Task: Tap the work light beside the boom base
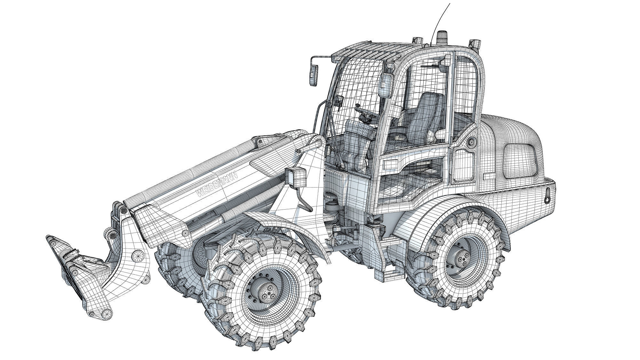(296, 177)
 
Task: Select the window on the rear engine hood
(520, 160)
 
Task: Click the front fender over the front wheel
(282, 224)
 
